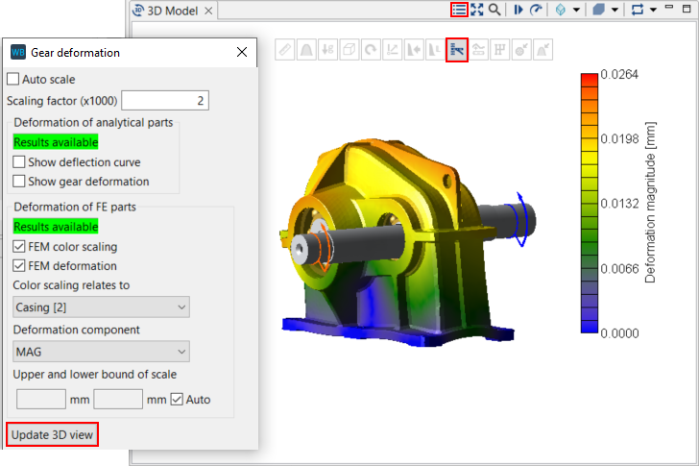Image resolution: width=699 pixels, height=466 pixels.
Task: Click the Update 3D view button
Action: pos(53,434)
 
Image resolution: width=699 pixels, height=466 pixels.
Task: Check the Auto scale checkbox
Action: pos(13,80)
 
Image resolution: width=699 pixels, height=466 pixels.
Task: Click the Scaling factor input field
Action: pos(165,101)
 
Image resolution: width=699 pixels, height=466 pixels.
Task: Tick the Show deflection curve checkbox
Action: pos(19,162)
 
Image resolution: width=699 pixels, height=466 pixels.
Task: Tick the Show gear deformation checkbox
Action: pos(19,182)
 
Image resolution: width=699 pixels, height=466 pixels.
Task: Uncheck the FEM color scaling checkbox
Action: pos(19,247)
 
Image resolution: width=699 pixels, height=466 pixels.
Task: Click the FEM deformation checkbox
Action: pos(19,266)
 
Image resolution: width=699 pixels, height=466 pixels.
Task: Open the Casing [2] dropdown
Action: pos(101,307)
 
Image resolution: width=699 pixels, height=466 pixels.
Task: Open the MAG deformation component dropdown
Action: pos(101,352)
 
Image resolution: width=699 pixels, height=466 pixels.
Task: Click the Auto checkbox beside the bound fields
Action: pos(177,399)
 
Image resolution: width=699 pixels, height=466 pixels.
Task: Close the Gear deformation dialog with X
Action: pos(242,53)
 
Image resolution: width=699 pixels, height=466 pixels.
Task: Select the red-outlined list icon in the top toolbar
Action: pos(459,10)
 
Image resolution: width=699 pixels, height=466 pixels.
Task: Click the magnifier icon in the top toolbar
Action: pos(494,10)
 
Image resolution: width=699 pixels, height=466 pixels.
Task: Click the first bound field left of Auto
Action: pos(40,399)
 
